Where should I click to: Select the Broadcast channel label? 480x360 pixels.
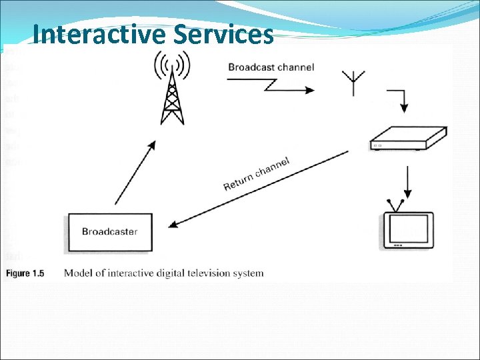(x=271, y=67)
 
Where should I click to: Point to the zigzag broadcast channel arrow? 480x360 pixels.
(x=270, y=85)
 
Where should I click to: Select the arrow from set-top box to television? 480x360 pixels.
(x=407, y=181)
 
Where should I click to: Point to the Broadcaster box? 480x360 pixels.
(x=109, y=232)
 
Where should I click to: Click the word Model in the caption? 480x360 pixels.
(x=78, y=273)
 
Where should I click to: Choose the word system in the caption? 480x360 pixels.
(x=249, y=273)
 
